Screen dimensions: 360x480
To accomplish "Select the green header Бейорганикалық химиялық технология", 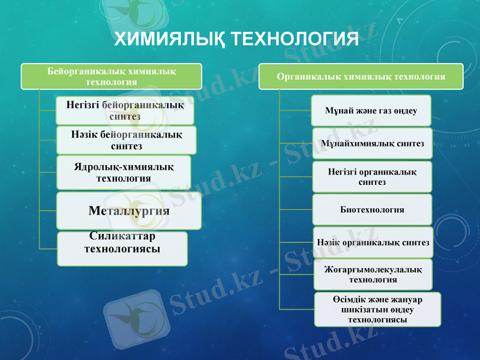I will pyautogui.click(x=112, y=76).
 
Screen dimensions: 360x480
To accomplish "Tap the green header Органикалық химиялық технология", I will pyautogui.click(x=361, y=77).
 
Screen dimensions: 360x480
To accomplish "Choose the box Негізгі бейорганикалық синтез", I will pyautogui.click(x=125, y=110).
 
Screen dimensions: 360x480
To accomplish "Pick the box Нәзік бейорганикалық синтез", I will pyautogui.click(x=126, y=140).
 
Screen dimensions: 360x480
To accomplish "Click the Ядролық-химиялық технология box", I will pyautogui.click(x=124, y=173).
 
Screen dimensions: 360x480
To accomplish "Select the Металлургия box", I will pyautogui.click(x=128, y=211).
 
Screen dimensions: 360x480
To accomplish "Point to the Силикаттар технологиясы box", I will pyautogui.click(x=122, y=248).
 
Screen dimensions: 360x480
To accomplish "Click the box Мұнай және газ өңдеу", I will pyautogui.click(x=371, y=111).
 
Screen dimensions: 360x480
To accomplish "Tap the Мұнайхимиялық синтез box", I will pyautogui.click(x=372, y=143).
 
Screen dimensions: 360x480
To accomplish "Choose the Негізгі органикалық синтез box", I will pyautogui.click(x=372, y=176).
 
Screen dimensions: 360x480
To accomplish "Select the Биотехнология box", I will pyautogui.click(x=372, y=209).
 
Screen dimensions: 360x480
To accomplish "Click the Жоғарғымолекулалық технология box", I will pyautogui.click(x=372, y=275).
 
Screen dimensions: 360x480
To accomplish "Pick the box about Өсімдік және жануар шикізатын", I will pyautogui.click(x=377, y=309).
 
